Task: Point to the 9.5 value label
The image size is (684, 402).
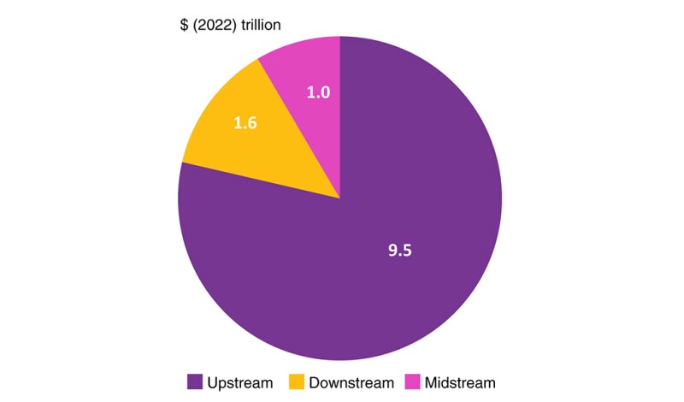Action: pyautogui.click(x=400, y=251)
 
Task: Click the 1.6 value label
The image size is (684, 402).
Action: pyautogui.click(x=245, y=122)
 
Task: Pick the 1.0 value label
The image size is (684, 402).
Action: pyautogui.click(x=318, y=92)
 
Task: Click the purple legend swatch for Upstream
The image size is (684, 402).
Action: pyautogui.click(x=194, y=382)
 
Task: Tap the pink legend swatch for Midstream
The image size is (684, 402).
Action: pyautogui.click(x=412, y=382)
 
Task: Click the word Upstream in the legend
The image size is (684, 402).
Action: pyautogui.click(x=239, y=382)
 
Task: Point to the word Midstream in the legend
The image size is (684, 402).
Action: pyautogui.click(x=460, y=382)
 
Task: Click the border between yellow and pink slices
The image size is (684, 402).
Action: pyautogui.click(x=299, y=129)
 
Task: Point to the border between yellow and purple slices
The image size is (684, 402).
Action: pyautogui.click(x=261, y=180)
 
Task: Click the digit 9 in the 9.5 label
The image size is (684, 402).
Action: pyautogui.click(x=392, y=251)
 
